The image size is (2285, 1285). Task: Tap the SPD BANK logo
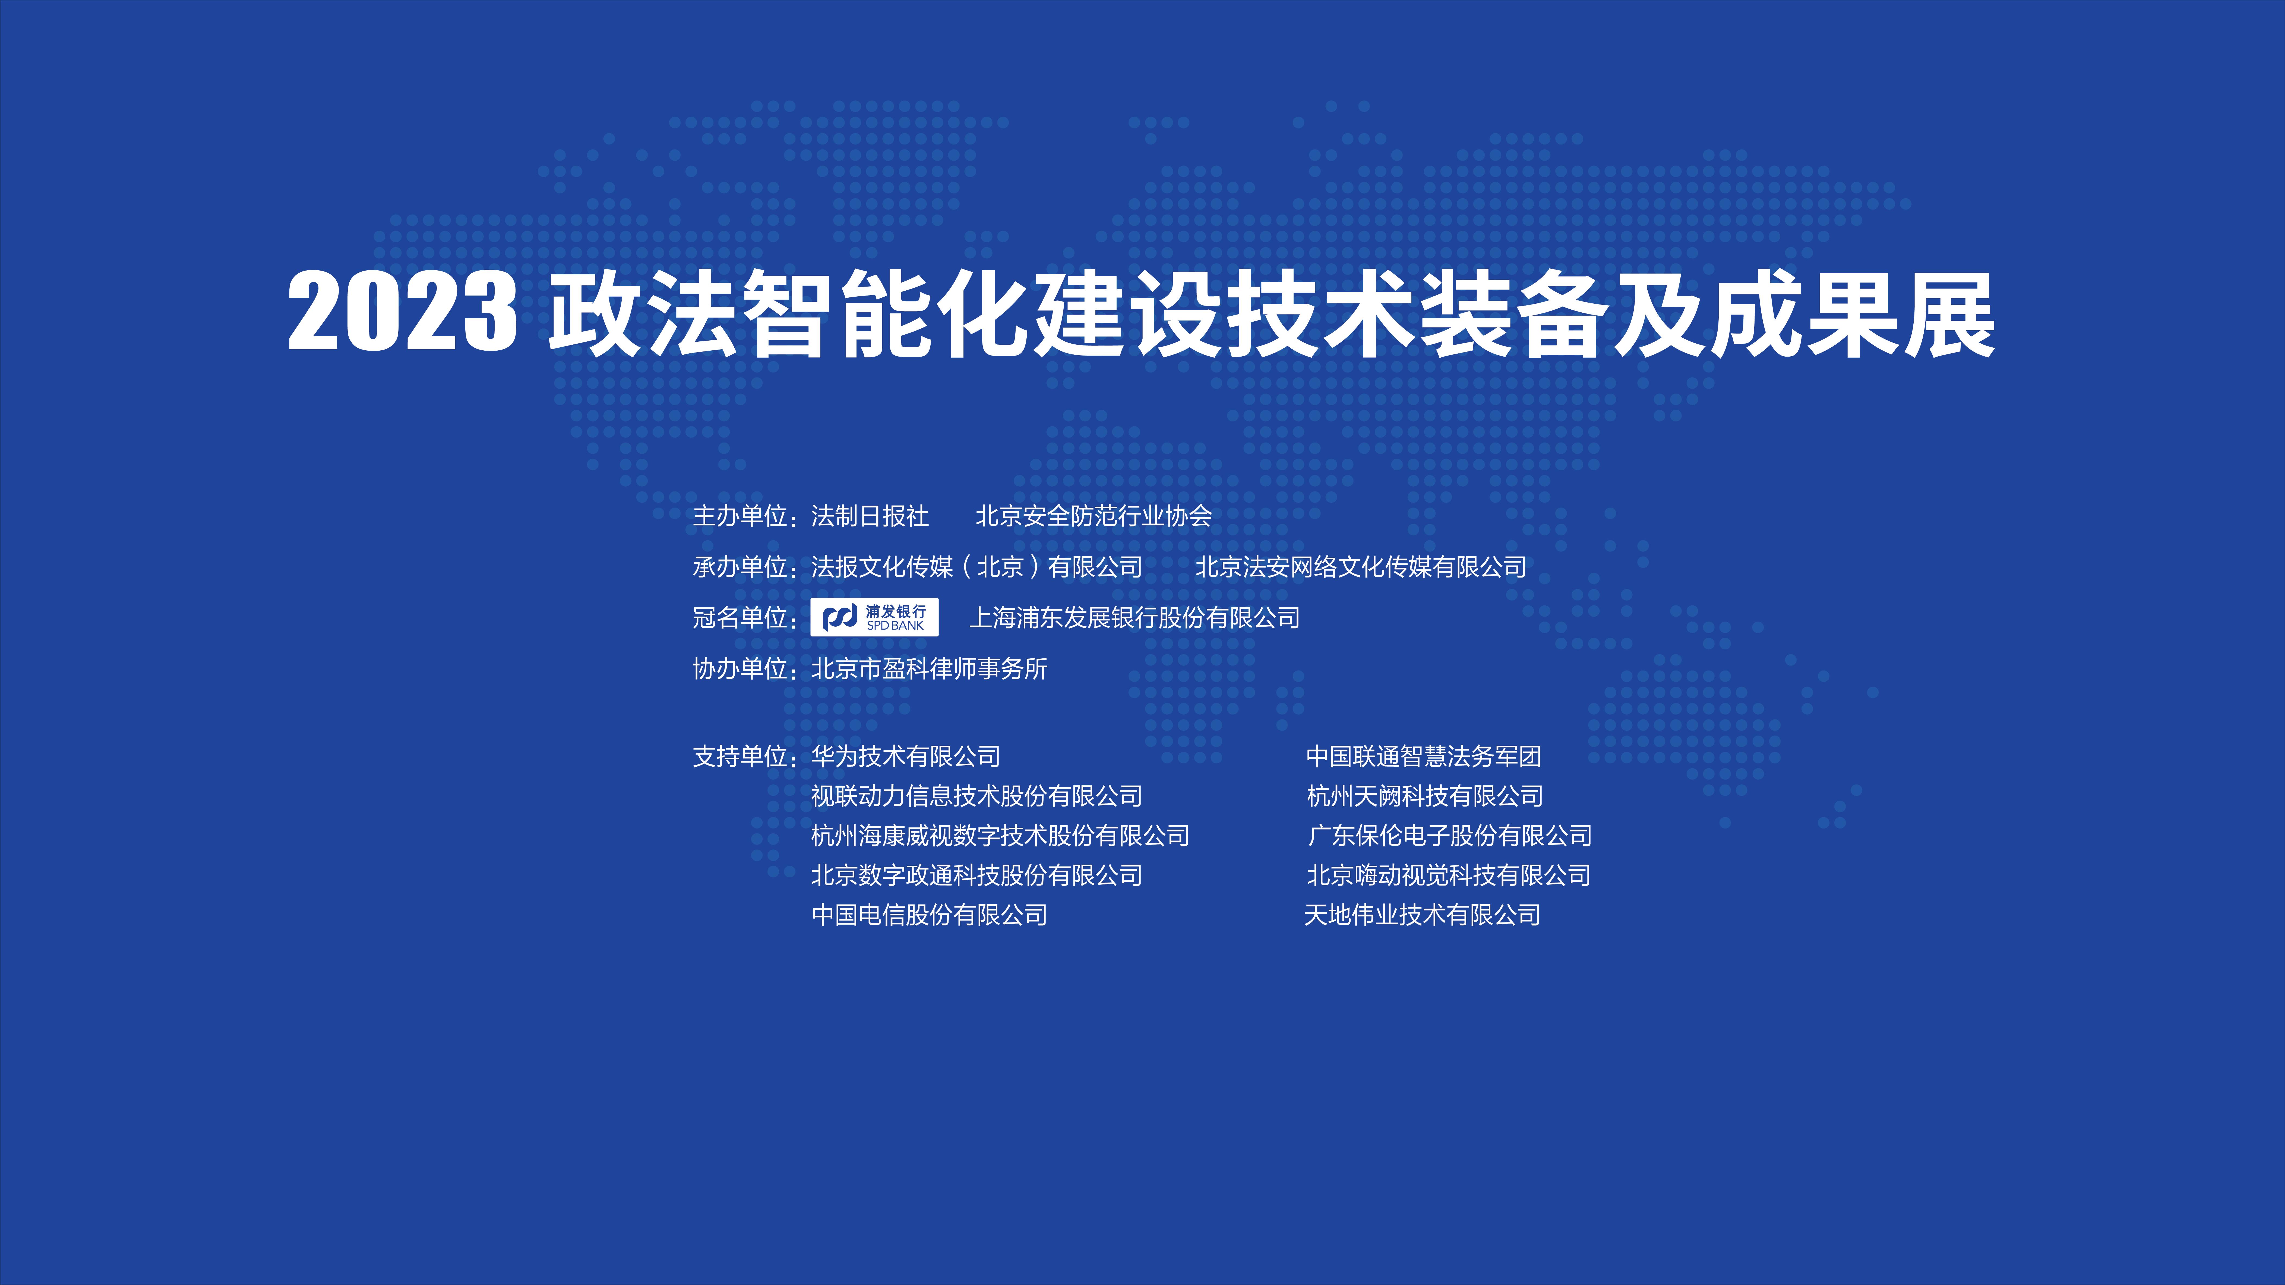pos(874,617)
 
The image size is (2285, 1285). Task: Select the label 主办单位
pos(740,516)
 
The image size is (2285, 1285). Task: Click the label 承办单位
pos(740,567)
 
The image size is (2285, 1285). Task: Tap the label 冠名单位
pos(740,617)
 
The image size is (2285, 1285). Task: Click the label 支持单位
pos(740,756)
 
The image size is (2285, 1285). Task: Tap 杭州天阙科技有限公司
pos(1425,796)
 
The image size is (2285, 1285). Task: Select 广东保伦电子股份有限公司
pos(1449,835)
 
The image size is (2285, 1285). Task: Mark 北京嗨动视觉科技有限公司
pos(1449,875)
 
